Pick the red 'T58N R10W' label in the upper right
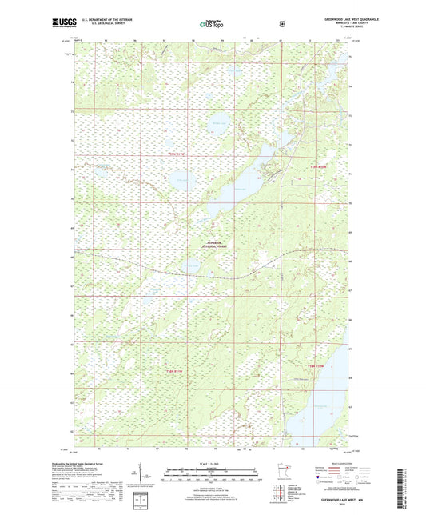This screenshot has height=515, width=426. coord(320,166)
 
